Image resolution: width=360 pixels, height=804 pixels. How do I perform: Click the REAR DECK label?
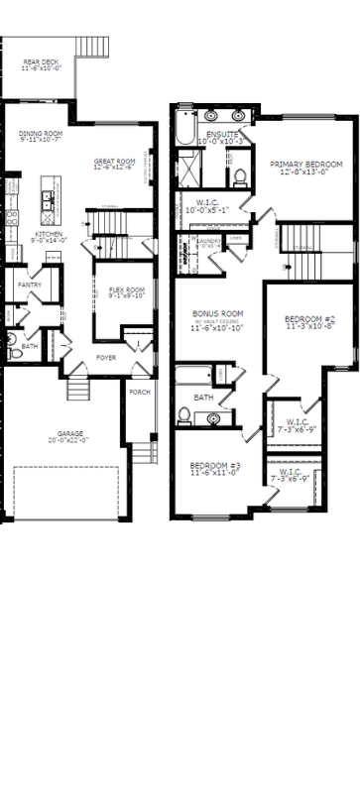coord(41,62)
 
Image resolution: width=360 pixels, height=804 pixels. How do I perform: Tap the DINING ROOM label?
coord(42,133)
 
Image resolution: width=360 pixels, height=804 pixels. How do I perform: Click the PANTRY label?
coord(29,286)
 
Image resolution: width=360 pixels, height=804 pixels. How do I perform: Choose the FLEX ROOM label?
coord(120,289)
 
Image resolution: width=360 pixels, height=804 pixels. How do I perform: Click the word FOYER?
coord(106,357)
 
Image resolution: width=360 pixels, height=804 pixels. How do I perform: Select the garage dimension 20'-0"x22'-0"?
coord(70,439)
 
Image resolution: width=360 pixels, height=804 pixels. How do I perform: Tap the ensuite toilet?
coord(238,178)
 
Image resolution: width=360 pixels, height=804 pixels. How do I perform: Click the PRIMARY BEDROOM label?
coord(306,164)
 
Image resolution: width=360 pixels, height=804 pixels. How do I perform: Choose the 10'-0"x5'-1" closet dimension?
coord(206,210)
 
